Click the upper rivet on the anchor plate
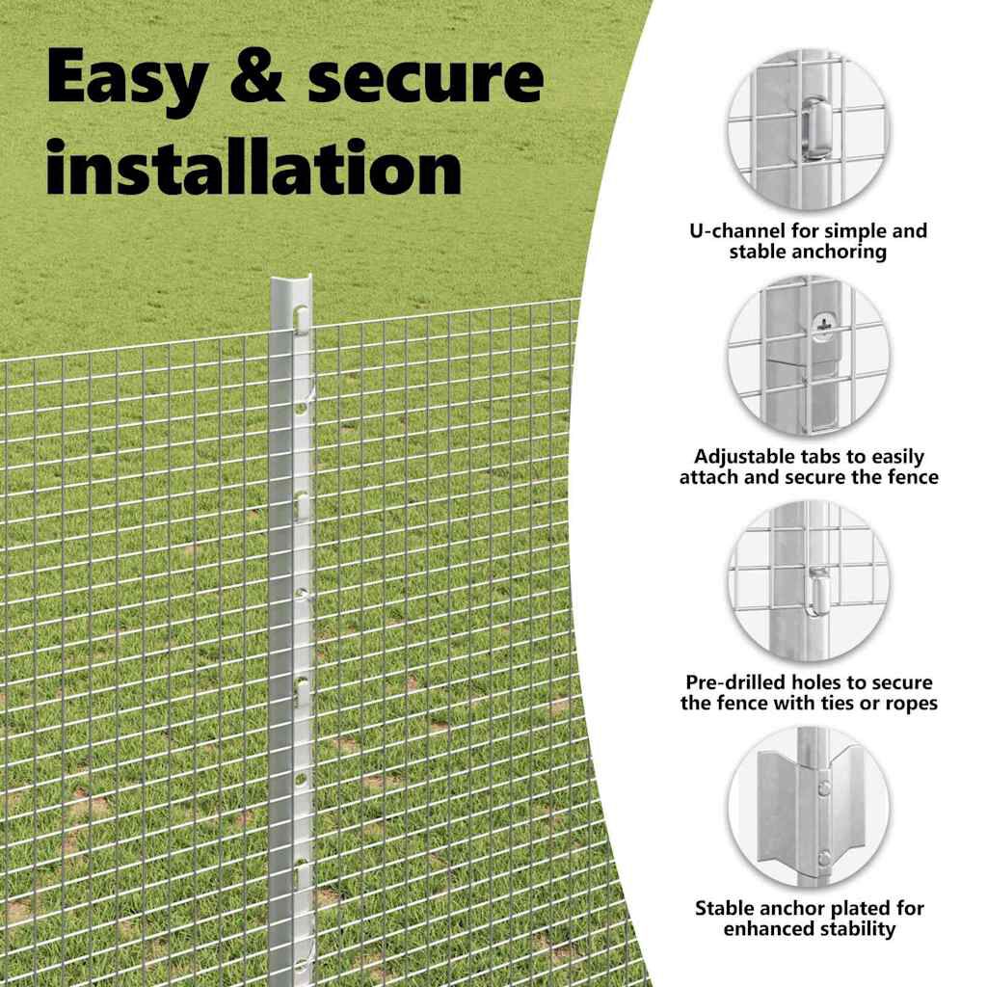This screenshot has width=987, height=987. click(x=825, y=788)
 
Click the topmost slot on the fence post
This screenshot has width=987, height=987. click(x=301, y=315)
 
